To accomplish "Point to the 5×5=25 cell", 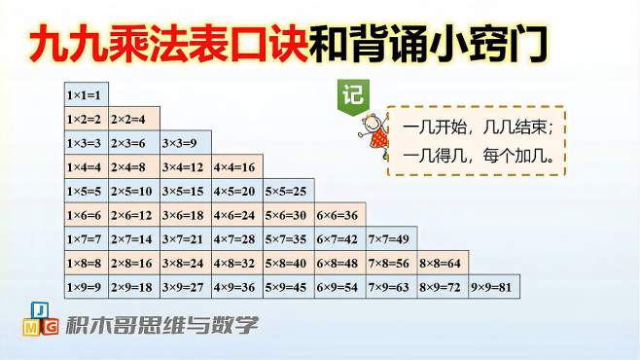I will pos(288,192).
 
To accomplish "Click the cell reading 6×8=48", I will pos(339,264).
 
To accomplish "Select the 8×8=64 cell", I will pos(443,264).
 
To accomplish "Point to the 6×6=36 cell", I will pos(339,215).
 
